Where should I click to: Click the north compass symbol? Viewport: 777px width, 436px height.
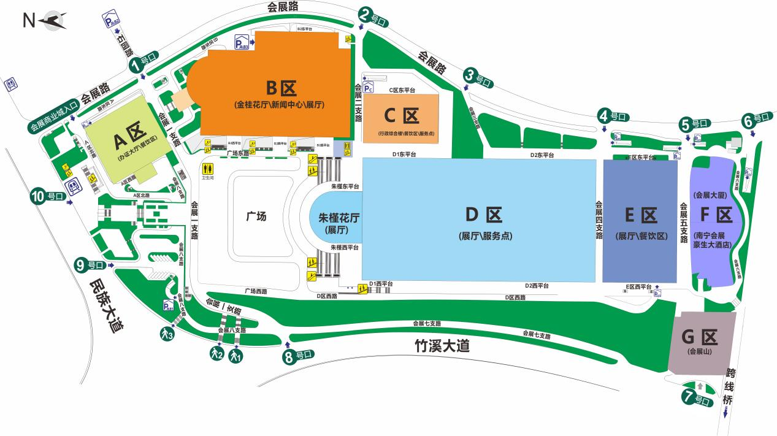(x=52, y=21)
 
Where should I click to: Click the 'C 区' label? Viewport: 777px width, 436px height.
(x=402, y=115)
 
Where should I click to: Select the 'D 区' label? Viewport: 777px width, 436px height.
(x=484, y=215)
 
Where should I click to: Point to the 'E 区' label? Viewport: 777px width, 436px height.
(x=641, y=215)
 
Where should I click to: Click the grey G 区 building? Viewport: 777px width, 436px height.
(x=702, y=343)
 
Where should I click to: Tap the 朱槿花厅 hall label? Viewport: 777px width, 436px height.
(x=338, y=217)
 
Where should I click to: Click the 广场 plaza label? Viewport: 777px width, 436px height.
(x=256, y=216)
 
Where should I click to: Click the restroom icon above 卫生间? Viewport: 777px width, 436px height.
(x=207, y=167)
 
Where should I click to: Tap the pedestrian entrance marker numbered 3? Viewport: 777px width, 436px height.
(x=166, y=334)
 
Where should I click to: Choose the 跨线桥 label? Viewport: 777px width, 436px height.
(x=729, y=386)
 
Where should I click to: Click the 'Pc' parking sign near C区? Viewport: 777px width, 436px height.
(x=369, y=88)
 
